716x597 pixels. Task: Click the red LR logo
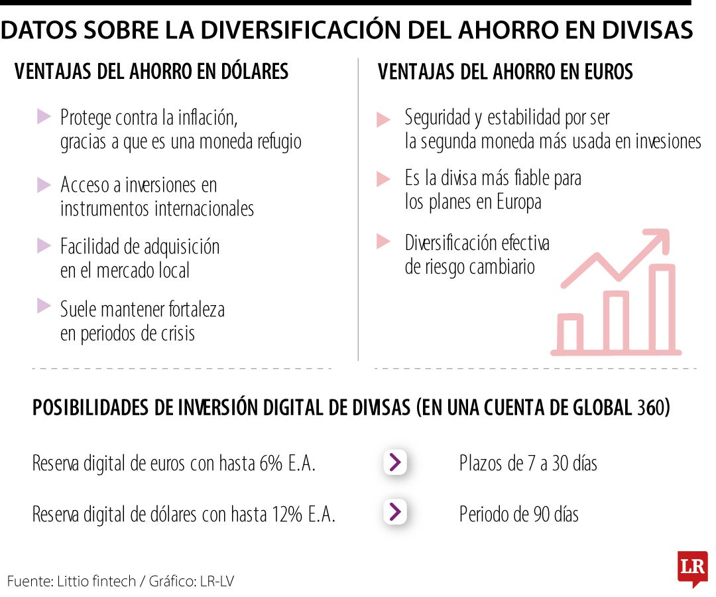pos(692,567)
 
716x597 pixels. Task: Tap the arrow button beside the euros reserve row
pos(394,462)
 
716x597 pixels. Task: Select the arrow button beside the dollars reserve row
pos(394,512)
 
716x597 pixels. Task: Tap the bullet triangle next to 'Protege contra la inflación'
pos(44,117)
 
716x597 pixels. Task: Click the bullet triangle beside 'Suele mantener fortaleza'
pos(44,306)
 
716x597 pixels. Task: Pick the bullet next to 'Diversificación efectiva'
pos(383,242)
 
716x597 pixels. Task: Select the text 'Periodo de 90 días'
pos(518,515)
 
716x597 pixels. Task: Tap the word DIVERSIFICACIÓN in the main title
pos(310,31)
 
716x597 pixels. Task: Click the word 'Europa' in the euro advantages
pos(518,202)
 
